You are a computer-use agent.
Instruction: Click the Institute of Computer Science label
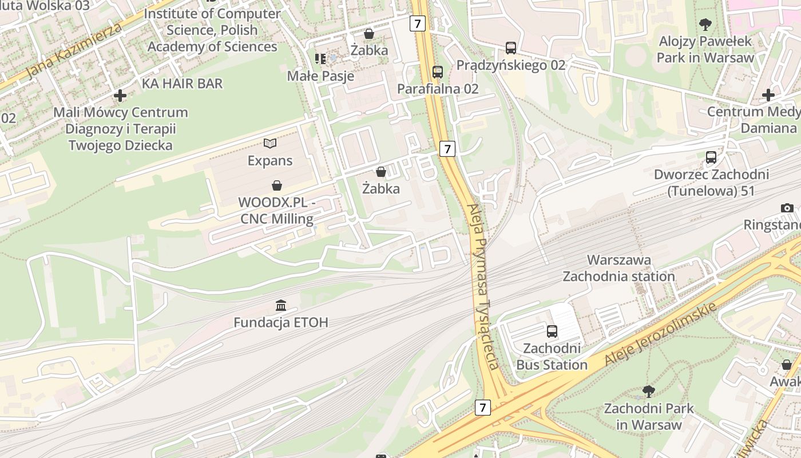[212, 30]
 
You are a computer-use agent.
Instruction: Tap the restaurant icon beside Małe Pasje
[320, 58]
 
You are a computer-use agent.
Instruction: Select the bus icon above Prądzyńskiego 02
[511, 48]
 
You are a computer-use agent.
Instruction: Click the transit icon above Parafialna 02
[438, 72]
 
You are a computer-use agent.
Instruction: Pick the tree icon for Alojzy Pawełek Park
[705, 25]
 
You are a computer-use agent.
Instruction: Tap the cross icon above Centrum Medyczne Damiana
[768, 95]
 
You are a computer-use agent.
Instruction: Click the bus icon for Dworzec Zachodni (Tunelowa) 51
[711, 157]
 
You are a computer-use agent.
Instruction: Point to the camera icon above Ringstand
[787, 208]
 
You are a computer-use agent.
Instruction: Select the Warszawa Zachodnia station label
[619, 268]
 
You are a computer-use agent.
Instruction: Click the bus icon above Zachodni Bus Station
[552, 331]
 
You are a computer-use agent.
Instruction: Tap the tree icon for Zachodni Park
[649, 392]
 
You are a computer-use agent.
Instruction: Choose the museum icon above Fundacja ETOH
[281, 306]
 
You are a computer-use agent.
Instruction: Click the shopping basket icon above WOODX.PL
[277, 185]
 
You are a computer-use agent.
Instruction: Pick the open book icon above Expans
[270, 143]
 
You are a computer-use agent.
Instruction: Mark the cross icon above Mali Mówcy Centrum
[120, 95]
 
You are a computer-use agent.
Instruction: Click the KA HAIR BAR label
[182, 84]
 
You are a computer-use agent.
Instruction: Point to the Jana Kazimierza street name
[74, 52]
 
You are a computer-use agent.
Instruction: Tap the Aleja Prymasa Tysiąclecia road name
[484, 286]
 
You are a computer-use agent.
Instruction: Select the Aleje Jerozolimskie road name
[661, 335]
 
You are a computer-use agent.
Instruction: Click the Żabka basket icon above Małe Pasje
[369, 34]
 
